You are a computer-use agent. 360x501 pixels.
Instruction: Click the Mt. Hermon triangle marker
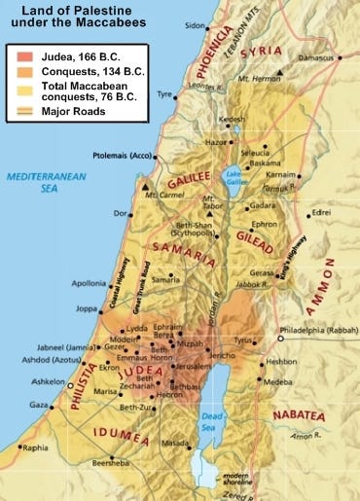280,73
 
